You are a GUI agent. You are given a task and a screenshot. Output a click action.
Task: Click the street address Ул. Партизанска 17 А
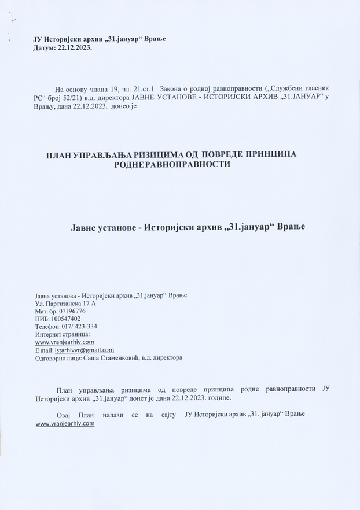pos(66,303)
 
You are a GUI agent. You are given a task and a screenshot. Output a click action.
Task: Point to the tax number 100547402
pos(65,319)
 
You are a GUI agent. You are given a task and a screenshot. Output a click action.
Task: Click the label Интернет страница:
pos(62,334)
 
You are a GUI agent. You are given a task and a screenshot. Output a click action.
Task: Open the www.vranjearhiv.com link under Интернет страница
pos(65,342)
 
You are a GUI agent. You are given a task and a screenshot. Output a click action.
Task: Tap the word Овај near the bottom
pos(65,415)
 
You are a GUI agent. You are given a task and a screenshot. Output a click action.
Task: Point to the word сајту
pos(165,415)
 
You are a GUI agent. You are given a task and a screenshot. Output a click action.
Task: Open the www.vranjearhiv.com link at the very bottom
pos(65,423)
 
